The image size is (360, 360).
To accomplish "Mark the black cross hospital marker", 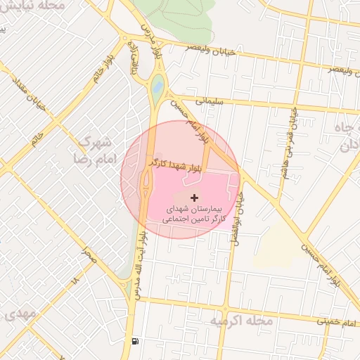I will coord(195,199).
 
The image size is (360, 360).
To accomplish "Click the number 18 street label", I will coord(75,279).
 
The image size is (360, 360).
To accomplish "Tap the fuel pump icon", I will coord(134,342).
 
